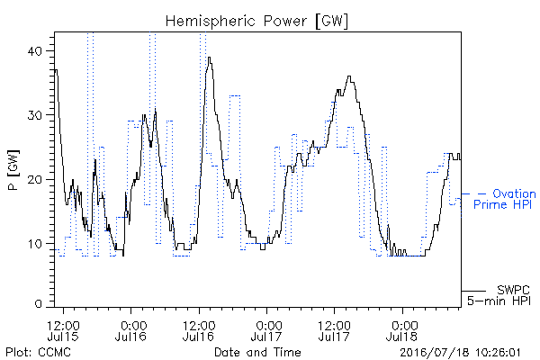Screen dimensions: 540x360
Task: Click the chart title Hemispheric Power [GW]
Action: point(256,22)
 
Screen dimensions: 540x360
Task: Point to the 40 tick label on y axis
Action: point(34,51)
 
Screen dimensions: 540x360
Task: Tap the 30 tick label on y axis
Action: point(34,115)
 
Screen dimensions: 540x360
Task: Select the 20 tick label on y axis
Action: point(34,179)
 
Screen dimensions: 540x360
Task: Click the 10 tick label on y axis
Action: point(35,244)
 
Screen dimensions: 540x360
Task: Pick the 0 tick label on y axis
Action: point(39,304)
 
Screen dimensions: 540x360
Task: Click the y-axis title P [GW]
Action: point(13,170)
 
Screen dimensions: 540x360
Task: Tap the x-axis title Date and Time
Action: point(257,352)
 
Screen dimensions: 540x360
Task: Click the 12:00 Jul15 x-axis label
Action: point(63,330)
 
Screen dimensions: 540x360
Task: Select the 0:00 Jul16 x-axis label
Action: point(131,330)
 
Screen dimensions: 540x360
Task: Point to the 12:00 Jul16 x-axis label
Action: point(199,330)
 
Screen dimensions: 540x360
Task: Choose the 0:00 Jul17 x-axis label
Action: point(266,330)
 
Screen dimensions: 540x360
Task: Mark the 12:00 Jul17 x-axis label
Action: point(334,330)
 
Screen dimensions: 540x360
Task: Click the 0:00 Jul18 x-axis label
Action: point(402,330)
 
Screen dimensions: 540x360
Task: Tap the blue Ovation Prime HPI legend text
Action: point(505,199)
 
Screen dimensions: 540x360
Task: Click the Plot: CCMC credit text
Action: point(38,352)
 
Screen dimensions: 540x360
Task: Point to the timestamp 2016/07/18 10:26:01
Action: point(460,353)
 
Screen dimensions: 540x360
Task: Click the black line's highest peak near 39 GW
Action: point(209,58)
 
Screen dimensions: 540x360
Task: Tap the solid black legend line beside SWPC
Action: point(473,291)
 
